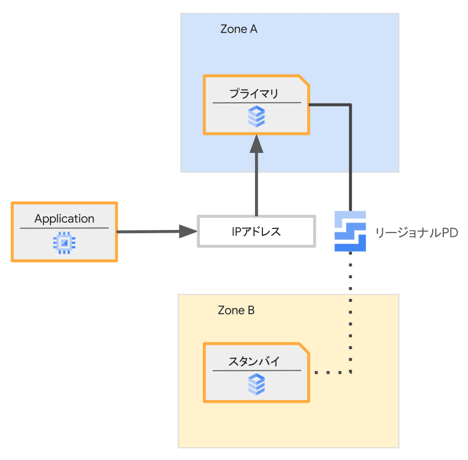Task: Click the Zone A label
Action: click(239, 29)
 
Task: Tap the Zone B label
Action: click(236, 310)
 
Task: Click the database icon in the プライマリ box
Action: click(257, 117)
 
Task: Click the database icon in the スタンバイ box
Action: click(257, 384)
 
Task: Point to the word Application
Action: click(64, 218)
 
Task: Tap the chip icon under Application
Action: click(64, 242)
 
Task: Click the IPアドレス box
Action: click(257, 231)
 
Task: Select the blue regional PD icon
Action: click(350, 231)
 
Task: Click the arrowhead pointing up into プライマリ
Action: click(257, 143)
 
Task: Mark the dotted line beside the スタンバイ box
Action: click(331, 373)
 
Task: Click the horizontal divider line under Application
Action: click(64, 228)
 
